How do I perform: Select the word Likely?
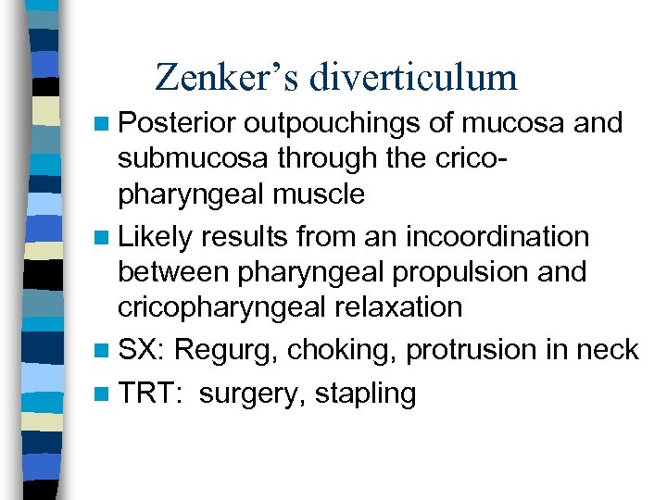click(155, 236)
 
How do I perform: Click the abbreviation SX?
click(143, 350)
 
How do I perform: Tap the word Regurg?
click(227, 351)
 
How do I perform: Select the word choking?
click(343, 351)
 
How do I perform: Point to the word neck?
click(608, 350)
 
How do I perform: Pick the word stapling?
click(365, 394)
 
